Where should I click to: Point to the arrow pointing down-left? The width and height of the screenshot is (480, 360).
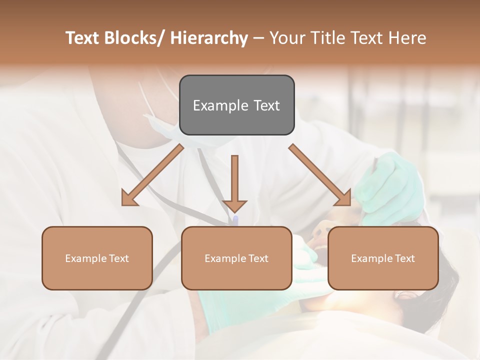[x=152, y=175]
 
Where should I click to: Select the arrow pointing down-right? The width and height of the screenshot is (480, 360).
[x=320, y=175]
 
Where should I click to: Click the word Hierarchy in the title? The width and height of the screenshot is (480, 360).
[x=209, y=38]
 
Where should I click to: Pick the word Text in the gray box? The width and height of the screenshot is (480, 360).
[x=266, y=105]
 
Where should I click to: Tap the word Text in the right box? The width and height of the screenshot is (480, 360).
[x=404, y=258]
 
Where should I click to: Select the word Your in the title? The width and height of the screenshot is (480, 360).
[x=286, y=38]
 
